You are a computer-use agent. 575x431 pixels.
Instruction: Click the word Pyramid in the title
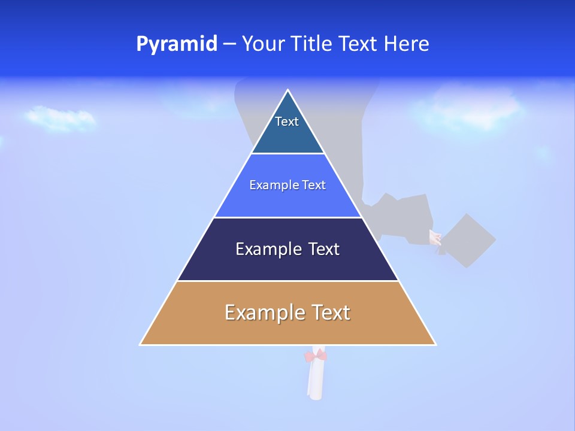(177, 44)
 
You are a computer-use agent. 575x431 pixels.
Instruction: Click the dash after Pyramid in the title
(229, 44)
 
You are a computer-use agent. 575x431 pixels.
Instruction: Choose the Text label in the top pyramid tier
(287, 122)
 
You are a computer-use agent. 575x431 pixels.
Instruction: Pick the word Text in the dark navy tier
(323, 249)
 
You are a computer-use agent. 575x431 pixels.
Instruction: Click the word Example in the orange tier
(263, 312)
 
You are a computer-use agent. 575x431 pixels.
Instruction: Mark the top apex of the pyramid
(288, 90)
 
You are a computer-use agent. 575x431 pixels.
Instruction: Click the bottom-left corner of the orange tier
(141, 344)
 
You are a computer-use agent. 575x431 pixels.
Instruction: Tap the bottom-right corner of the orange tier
(435, 344)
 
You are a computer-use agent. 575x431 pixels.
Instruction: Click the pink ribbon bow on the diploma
(315, 356)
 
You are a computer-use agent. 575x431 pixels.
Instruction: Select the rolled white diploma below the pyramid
(315, 380)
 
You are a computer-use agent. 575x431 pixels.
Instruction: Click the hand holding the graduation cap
(435, 238)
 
